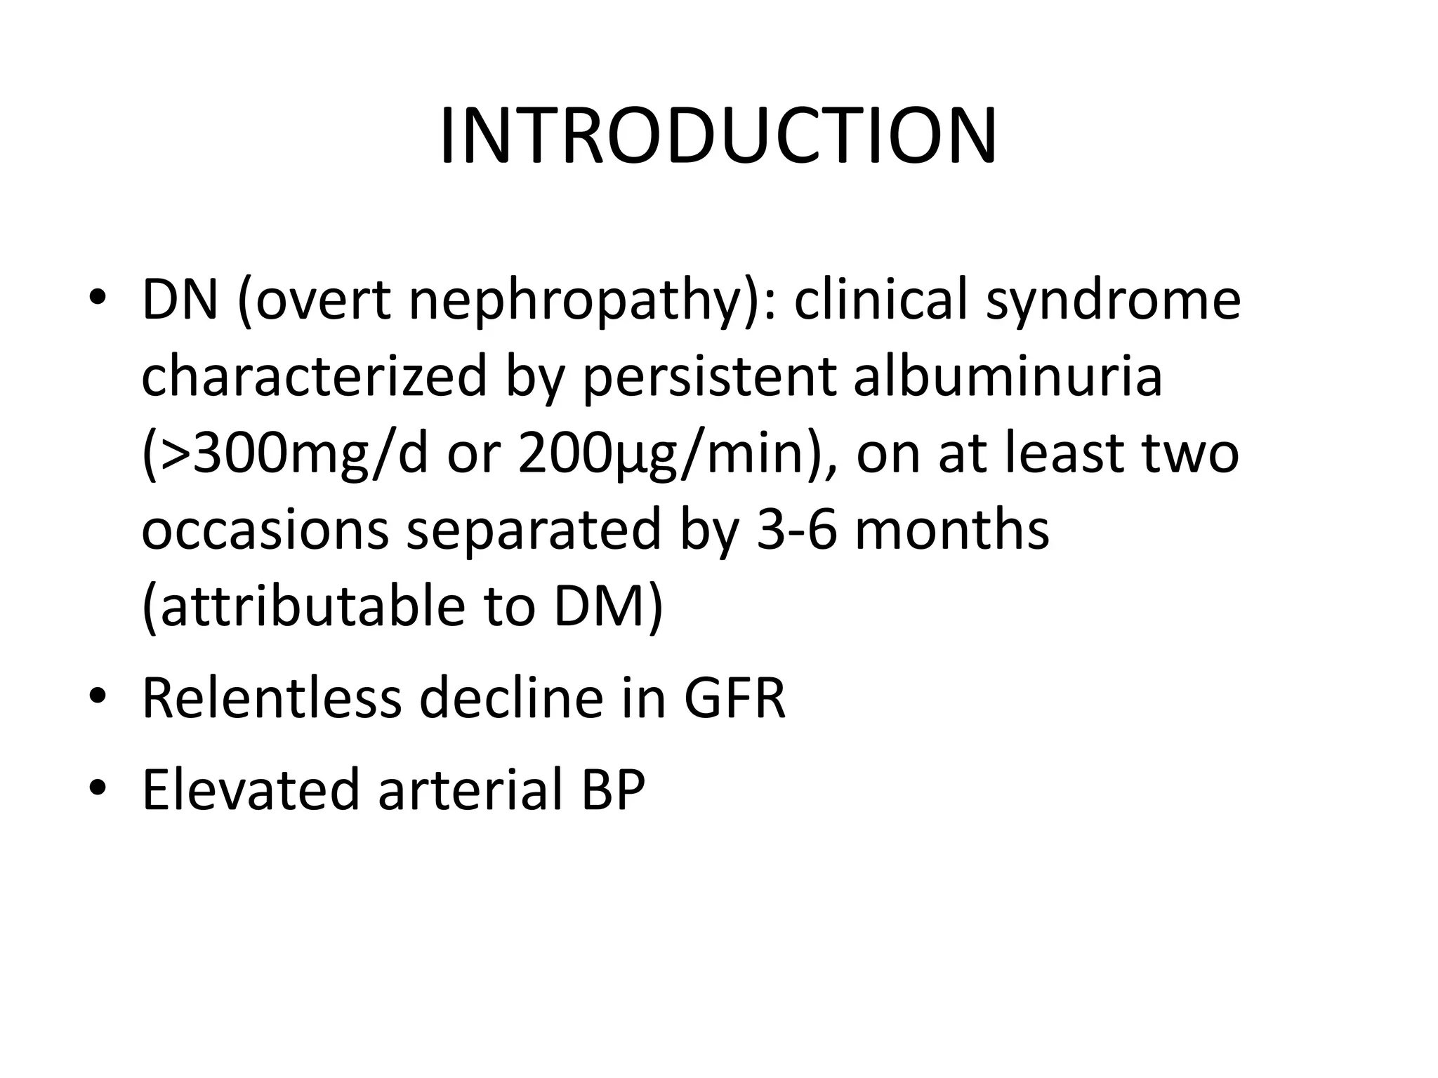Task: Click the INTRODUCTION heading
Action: click(718, 136)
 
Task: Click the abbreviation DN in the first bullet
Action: click(180, 300)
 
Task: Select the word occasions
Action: click(265, 531)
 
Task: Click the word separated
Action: click(534, 531)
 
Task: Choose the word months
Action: click(951, 529)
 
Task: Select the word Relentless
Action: click(272, 698)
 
